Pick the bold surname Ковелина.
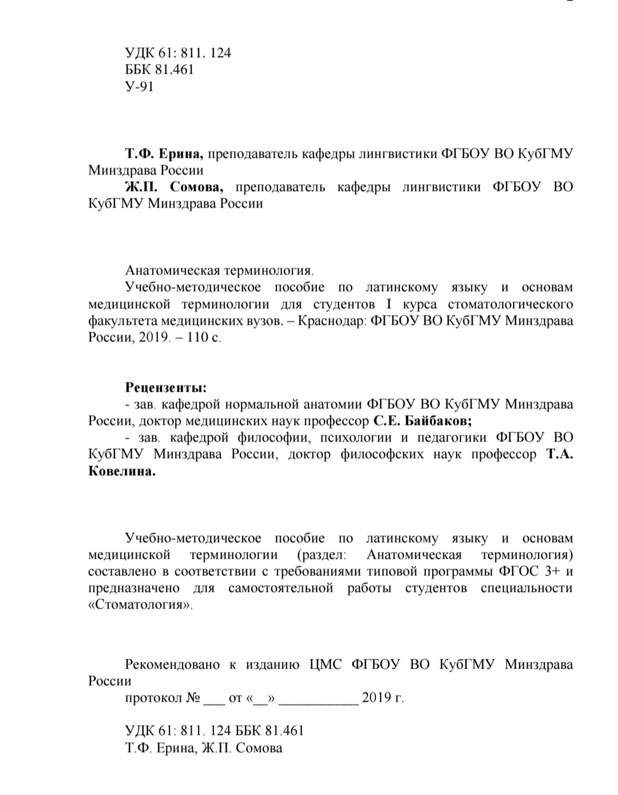click(x=122, y=472)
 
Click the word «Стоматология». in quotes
click(x=141, y=605)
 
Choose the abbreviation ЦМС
click(x=326, y=665)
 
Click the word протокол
click(x=153, y=698)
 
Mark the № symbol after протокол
click(x=192, y=698)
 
